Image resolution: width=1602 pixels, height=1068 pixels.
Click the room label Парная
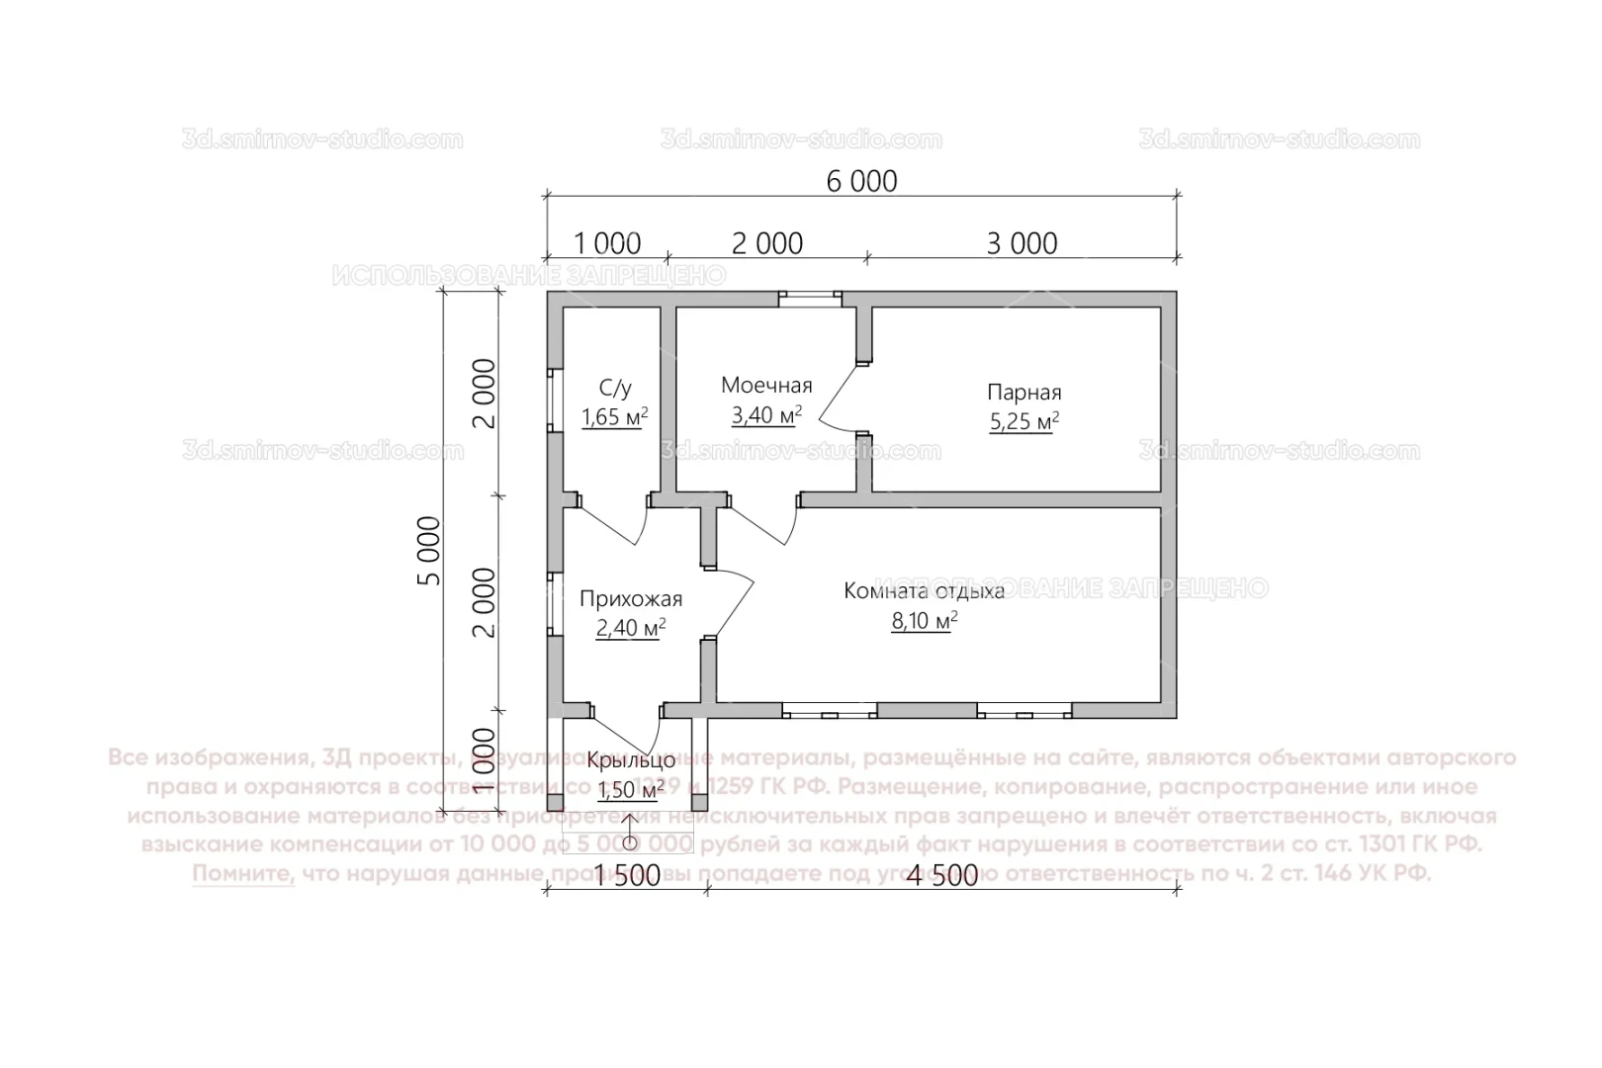[x=1023, y=392]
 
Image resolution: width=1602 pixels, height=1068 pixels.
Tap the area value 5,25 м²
[x=1023, y=422]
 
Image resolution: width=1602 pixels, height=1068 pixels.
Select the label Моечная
[x=766, y=385]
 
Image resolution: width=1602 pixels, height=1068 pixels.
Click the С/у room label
[x=615, y=387]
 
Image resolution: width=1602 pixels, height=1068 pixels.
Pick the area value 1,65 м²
[x=615, y=416]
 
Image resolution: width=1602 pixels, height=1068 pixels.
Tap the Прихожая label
[x=630, y=599]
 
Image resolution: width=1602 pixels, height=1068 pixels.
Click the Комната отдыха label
[x=924, y=591]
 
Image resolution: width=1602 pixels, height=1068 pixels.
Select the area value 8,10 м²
[x=924, y=621]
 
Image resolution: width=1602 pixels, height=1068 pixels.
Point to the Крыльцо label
[x=631, y=760]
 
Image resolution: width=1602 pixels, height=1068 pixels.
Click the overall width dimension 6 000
[x=860, y=182]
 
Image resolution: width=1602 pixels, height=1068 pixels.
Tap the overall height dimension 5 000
[x=431, y=551]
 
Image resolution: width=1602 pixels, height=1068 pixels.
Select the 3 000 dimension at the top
[x=1022, y=243]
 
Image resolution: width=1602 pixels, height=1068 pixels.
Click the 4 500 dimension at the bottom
[x=940, y=875]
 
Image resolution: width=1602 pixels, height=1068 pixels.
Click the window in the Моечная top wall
[x=809, y=295]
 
